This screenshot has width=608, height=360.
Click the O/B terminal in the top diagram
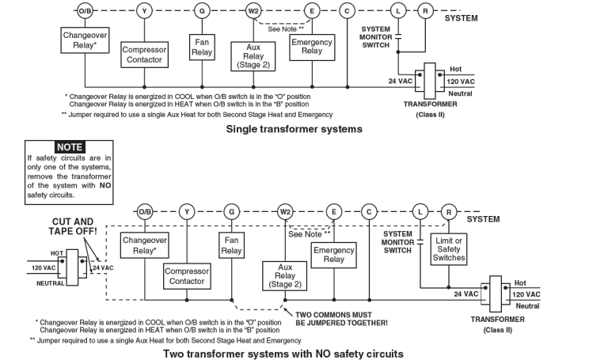point(85,11)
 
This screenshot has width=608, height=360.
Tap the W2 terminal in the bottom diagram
point(286,211)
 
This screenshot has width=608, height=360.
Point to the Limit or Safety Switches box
point(449,248)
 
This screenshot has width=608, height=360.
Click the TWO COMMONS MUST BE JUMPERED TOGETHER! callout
point(341,318)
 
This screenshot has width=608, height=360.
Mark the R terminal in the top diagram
point(425,11)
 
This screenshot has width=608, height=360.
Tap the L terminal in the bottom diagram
point(420,211)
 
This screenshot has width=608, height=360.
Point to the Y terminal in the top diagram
point(143,11)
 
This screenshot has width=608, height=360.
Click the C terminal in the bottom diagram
point(368,211)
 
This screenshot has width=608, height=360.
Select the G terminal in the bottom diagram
point(231,211)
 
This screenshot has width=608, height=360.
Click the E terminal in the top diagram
point(313,11)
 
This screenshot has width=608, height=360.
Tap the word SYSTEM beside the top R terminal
point(462,17)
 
